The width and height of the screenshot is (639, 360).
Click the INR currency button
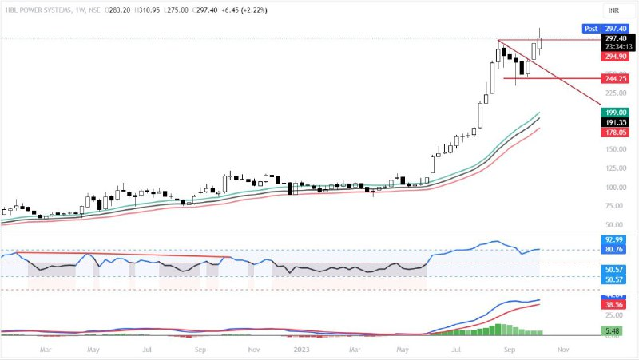pyautogui.click(x=613, y=10)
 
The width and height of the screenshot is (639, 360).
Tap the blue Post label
pyautogui.click(x=590, y=28)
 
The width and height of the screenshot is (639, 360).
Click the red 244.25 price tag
pyautogui.click(x=615, y=79)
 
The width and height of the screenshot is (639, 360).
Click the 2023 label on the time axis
pyautogui.click(x=301, y=349)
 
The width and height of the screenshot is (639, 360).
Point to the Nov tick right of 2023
pyautogui.click(x=562, y=349)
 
